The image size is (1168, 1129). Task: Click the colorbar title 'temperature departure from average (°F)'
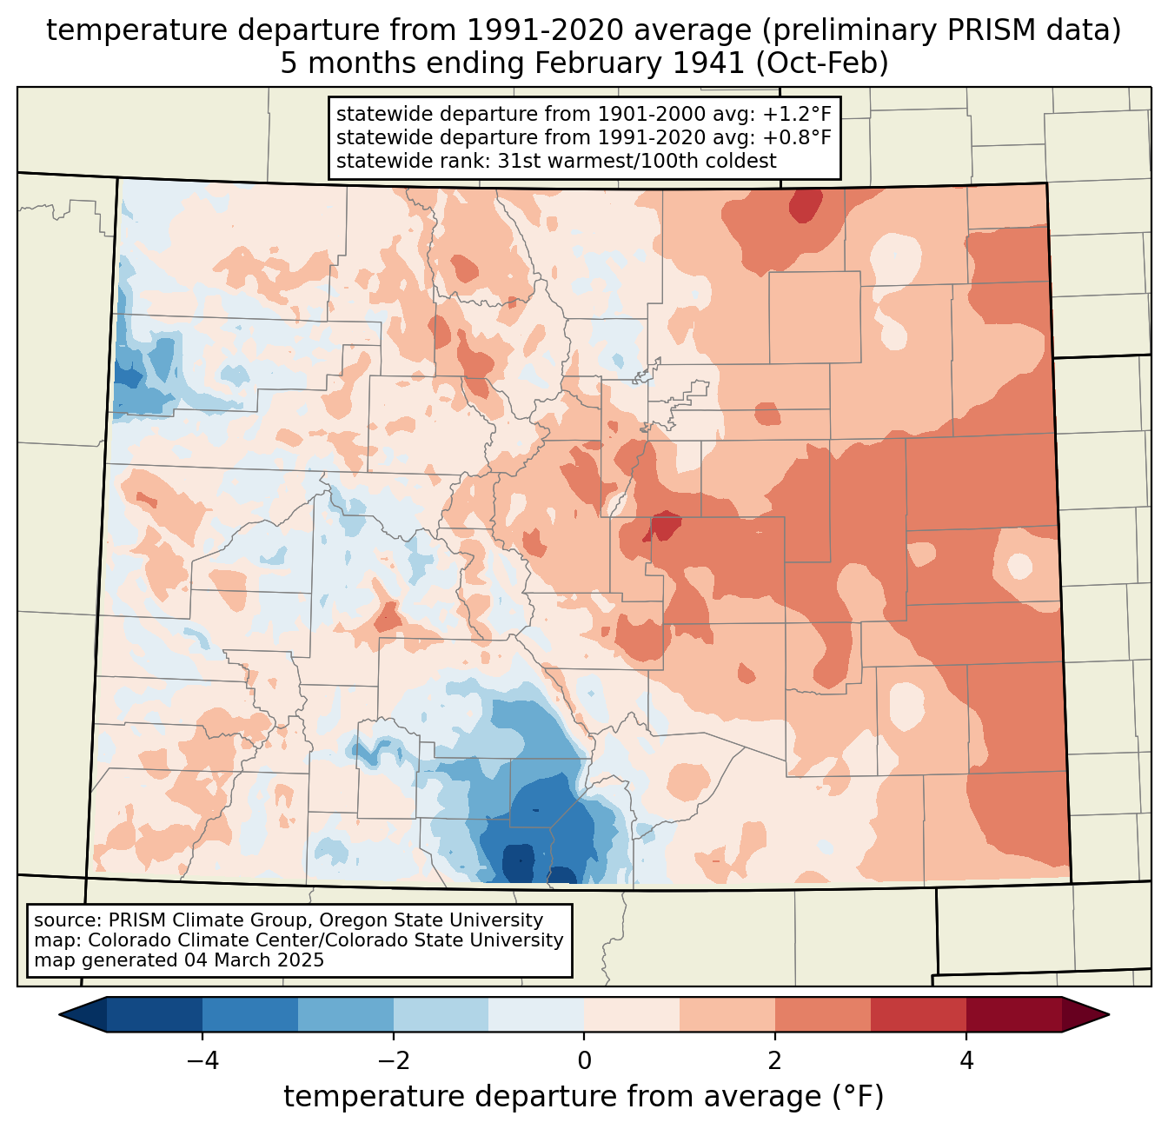[584, 1097]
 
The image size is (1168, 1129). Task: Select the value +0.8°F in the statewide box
[796, 137]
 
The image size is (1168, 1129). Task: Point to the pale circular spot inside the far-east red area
[1019, 566]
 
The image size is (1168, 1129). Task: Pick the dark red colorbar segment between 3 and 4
[919, 1014]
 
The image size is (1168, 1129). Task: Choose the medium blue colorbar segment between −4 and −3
[250, 1014]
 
